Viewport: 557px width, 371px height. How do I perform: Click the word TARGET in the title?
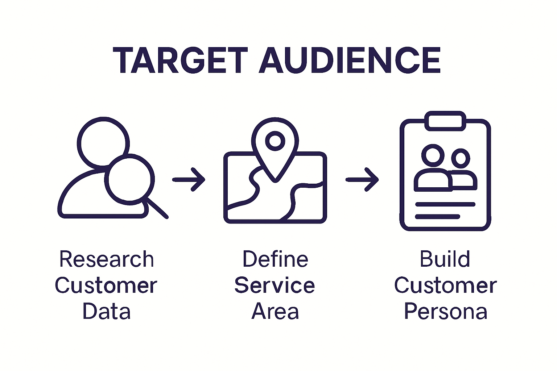(180, 61)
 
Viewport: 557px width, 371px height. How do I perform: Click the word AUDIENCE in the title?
(350, 61)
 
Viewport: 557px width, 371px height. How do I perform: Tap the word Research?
(107, 259)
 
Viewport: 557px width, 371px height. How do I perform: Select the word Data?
(107, 312)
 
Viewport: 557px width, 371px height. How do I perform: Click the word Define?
(275, 259)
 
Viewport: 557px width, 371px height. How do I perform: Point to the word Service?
(275, 285)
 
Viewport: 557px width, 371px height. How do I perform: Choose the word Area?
(275, 312)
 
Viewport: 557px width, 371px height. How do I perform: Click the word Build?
(445, 259)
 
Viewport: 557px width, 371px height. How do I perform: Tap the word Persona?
(446, 312)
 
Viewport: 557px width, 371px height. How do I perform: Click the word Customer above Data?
(106, 285)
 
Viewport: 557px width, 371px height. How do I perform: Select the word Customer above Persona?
(445, 285)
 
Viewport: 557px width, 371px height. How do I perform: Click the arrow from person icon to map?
(189, 179)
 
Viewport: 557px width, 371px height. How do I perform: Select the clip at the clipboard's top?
(445, 121)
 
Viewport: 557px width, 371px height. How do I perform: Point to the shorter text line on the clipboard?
(437, 217)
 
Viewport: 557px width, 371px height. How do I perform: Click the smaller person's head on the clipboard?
(461, 158)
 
